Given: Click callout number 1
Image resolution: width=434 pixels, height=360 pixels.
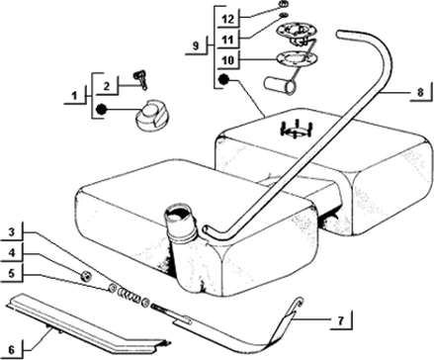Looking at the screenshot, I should pyautogui.click(x=73, y=96).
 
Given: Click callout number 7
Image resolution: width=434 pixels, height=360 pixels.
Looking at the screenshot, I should pyautogui.click(x=338, y=320).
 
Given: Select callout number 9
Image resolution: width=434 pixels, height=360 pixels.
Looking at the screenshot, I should pyautogui.click(x=198, y=45).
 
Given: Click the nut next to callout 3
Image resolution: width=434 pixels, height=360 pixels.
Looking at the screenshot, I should pyautogui.click(x=86, y=274).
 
